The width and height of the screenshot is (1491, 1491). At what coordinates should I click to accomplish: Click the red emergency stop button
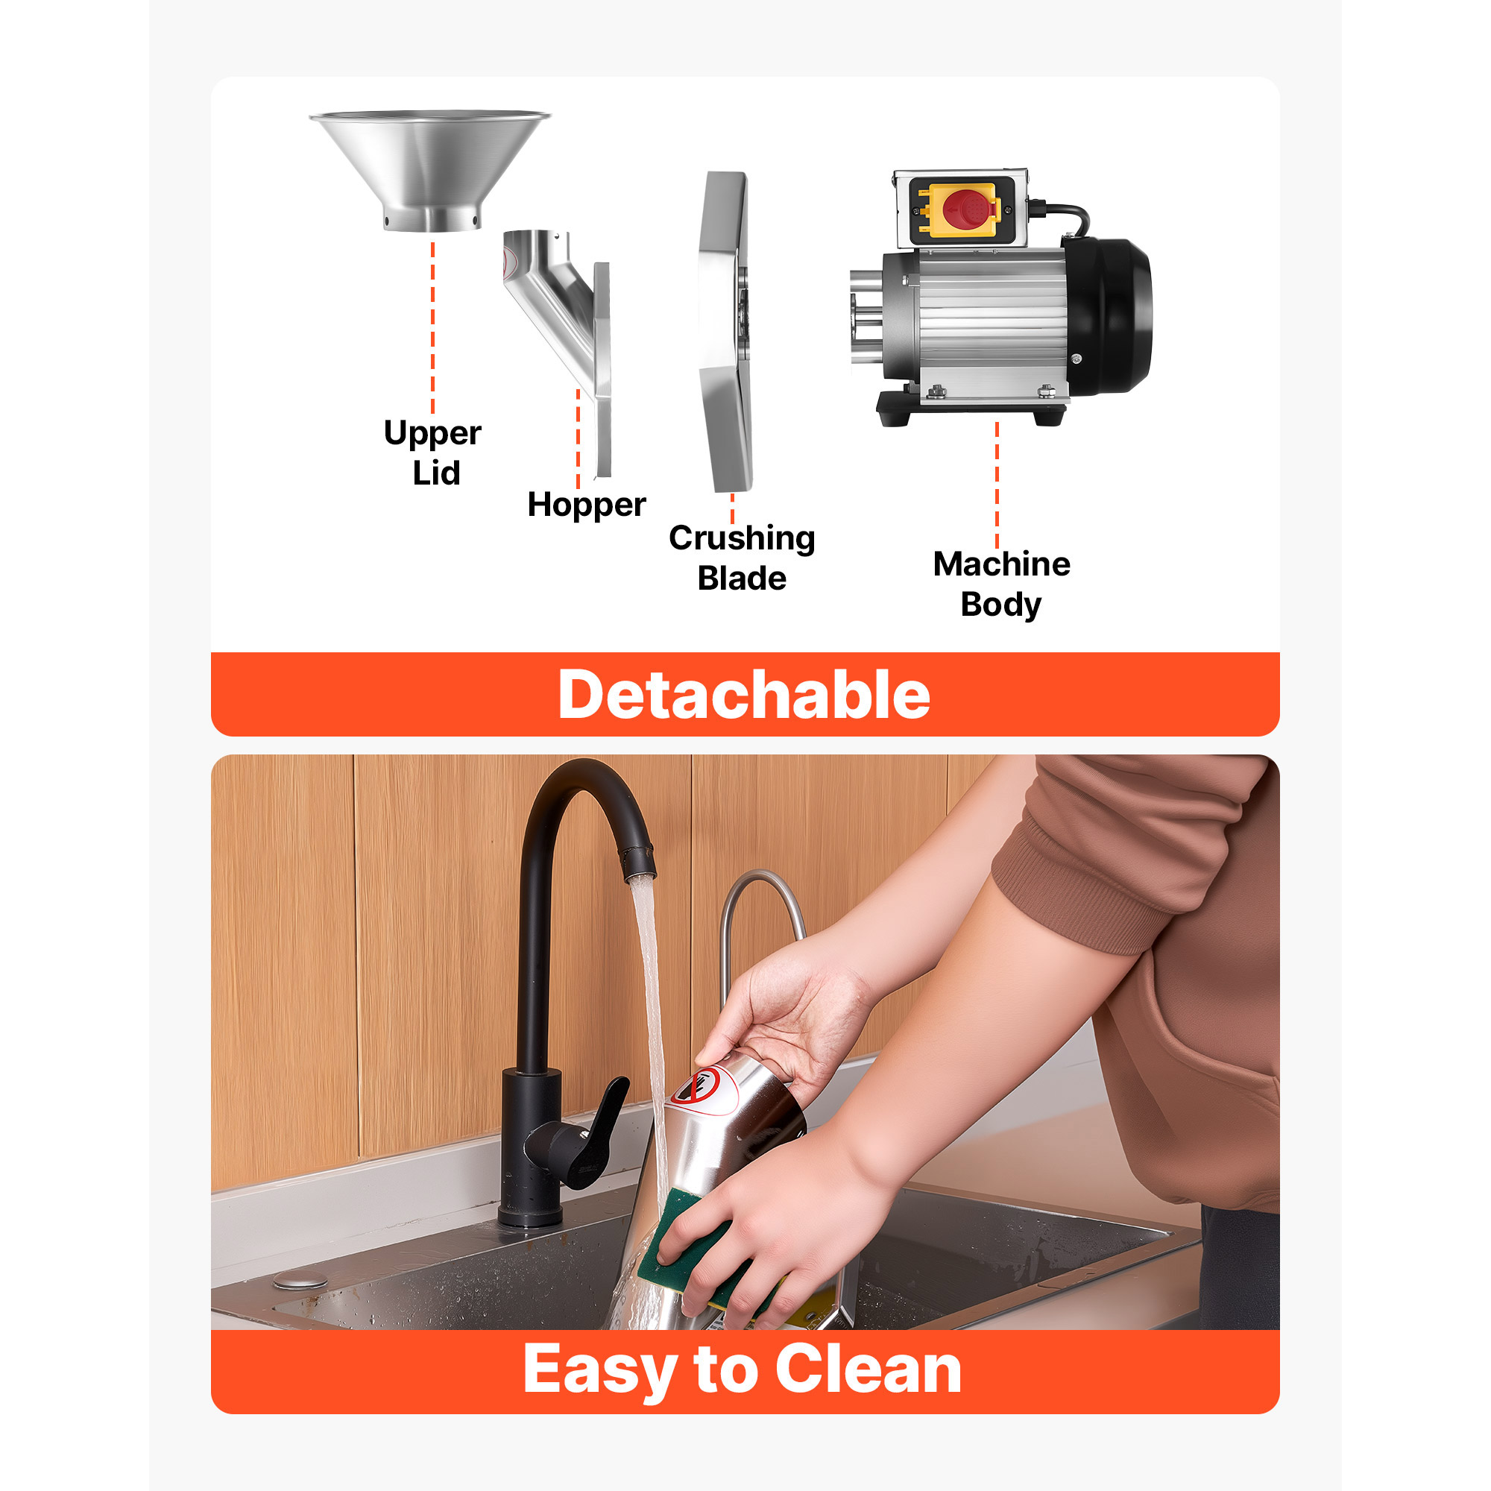(x=964, y=209)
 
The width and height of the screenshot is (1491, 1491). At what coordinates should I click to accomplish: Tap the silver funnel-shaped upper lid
(x=430, y=169)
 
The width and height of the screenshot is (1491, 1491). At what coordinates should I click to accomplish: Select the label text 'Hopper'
(x=587, y=505)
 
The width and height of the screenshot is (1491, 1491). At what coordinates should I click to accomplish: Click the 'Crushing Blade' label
(x=742, y=557)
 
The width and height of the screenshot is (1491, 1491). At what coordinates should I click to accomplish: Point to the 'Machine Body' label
(x=1002, y=584)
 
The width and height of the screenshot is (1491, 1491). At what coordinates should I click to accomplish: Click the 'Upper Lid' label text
(x=433, y=453)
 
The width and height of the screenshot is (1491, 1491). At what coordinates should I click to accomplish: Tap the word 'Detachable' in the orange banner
(x=744, y=695)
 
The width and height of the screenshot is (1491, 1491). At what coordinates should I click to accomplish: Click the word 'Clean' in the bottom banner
(x=869, y=1369)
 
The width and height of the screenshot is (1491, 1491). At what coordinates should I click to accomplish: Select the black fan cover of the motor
(x=1109, y=316)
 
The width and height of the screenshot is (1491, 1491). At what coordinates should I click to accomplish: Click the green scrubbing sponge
(x=695, y=1246)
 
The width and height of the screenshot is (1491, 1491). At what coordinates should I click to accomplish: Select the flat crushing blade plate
(x=725, y=332)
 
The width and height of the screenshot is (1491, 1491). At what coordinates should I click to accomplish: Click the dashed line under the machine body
(x=997, y=485)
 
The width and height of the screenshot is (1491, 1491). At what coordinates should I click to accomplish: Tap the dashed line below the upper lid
(x=433, y=329)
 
